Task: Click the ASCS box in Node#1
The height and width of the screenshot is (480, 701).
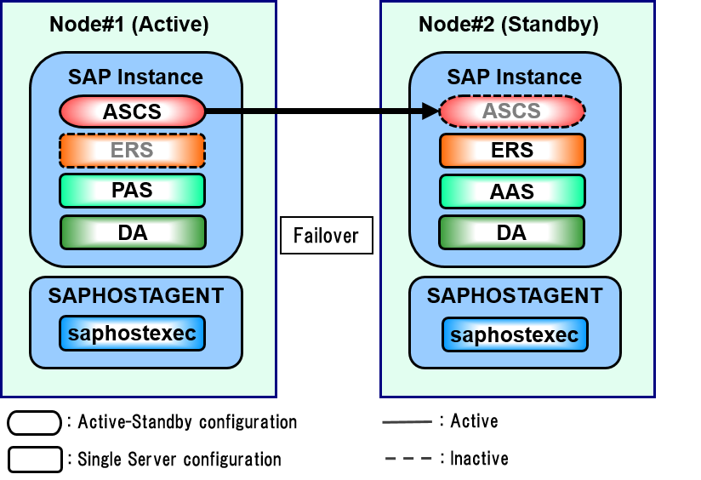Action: click(132, 111)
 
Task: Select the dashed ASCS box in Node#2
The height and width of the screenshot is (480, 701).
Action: click(512, 111)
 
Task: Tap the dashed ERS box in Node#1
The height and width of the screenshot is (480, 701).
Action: click(132, 151)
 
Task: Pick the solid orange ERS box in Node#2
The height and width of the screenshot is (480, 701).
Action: click(512, 151)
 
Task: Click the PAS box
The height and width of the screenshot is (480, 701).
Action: click(132, 191)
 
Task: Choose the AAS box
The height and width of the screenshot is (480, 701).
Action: click(512, 191)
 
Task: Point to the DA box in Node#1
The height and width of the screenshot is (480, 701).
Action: click(132, 232)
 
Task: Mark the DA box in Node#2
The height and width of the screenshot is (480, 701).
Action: click(512, 232)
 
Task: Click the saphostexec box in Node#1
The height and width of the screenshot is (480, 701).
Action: click(132, 334)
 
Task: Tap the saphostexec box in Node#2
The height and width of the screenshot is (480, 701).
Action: click(515, 334)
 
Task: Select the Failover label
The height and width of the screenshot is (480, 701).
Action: click(326, 236)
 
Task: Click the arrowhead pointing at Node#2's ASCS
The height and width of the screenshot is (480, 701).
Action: click(430, 111)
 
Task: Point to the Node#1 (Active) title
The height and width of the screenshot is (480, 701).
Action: click(129, 25)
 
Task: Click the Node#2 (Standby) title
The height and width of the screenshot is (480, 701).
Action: click(509, 25)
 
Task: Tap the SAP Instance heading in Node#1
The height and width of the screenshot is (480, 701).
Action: click(135, 77)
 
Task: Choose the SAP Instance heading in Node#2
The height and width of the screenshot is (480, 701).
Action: click(515, 77)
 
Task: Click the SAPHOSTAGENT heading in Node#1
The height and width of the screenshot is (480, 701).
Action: click(136, 295)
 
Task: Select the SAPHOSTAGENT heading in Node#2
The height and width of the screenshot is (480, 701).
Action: click(515, 295)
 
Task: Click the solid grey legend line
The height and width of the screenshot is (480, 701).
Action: click(407, 421)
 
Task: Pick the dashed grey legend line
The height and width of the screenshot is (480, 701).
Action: click(408, 459)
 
